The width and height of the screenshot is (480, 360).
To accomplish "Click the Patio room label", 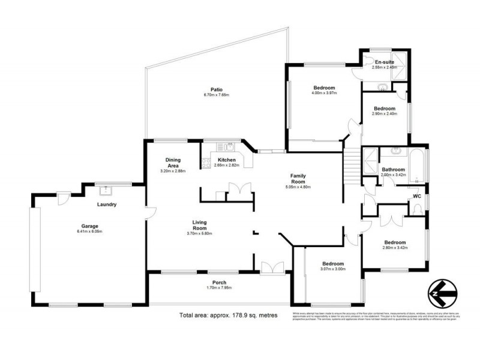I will click(x=208, y=89).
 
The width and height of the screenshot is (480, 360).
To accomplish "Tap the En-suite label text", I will click(x=384, y=62).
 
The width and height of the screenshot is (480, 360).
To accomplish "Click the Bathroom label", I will click(x=394, y=170).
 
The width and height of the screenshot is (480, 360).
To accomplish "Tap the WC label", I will click(x=416, y=196).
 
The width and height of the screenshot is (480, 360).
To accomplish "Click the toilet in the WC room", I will click(x=418, y=209).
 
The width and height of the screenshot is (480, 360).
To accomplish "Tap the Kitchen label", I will click(x=227, y=160).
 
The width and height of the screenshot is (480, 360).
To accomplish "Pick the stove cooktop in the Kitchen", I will click(x=207, y=161).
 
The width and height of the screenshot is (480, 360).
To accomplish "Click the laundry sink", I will click(x=107, y=190).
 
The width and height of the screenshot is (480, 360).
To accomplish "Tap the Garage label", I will click(x=90, y=226).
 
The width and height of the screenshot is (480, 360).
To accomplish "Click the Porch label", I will click(x=218, y=283).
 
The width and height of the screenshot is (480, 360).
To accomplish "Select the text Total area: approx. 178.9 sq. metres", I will click(x=228, y=315).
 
